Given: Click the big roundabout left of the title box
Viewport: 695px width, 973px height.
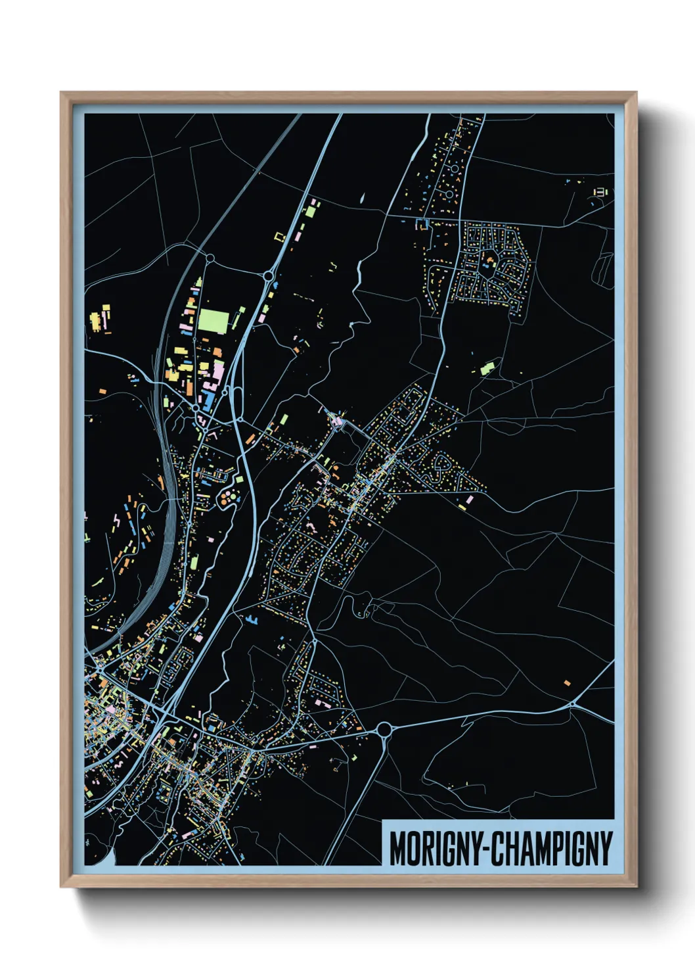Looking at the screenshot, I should click(x=384, y=729).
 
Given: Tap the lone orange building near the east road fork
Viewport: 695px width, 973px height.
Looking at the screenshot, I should click(x=567, y=683).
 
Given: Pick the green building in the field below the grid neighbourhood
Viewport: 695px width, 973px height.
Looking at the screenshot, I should click(x=487, y=367).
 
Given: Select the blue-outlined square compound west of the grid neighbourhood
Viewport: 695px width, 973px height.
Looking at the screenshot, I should click(x=421, y=224).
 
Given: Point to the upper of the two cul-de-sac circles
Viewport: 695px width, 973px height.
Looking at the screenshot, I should click(x=454, y=170).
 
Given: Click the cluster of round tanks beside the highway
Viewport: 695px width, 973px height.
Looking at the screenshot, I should click(x=227, y=498).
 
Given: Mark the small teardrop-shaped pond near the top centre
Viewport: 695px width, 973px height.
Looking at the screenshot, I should click(x=361, y=197).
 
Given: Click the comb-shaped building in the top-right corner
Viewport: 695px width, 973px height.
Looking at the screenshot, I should click(x=600, y=192).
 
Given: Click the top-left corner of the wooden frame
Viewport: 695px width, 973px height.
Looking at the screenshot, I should click(x=61, y=93).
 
